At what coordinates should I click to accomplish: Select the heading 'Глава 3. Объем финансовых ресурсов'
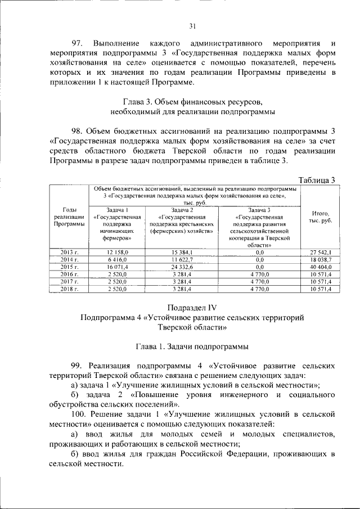(x=192, y=102)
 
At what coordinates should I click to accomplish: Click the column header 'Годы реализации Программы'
(x=69, y=217)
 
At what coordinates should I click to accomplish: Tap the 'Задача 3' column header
(x=259, y=209)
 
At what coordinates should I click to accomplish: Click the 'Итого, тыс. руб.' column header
(x=320, y=217)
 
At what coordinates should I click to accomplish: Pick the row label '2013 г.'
(x=69, y=253)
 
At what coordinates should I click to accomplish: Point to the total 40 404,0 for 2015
(x=320, y=267)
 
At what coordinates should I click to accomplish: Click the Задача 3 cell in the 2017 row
(x=259, y=281)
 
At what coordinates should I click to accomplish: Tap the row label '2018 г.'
(x=69, y=289)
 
